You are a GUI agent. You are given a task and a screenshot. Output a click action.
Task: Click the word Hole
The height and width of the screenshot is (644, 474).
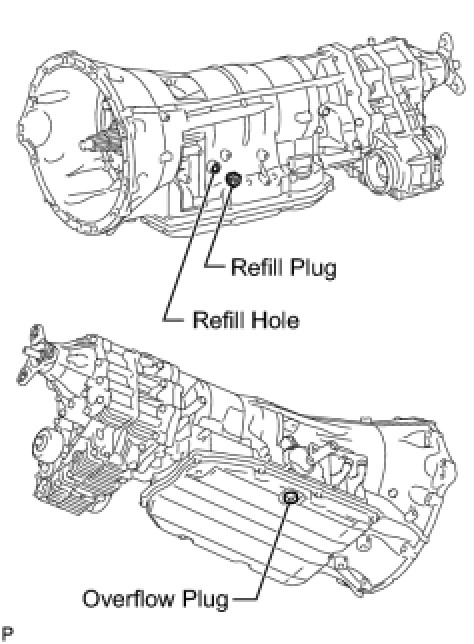(275, 320)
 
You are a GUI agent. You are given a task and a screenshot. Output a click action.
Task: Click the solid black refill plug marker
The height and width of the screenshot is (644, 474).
(233, 179)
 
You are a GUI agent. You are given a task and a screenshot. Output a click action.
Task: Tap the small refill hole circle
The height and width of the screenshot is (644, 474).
(214, 167)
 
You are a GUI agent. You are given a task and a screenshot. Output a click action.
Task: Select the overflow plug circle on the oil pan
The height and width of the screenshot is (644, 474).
(290, 498)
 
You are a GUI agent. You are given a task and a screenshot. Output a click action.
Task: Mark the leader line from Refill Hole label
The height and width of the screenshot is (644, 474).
(189, 244)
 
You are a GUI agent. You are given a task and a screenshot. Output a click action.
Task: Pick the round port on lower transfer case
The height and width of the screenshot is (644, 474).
(45, 444)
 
